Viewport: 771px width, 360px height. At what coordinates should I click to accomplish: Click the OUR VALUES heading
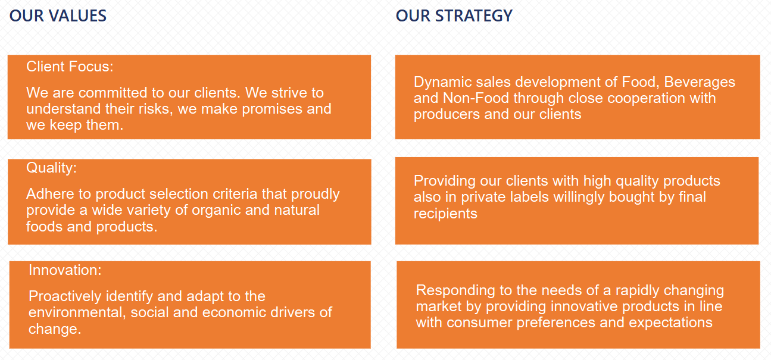pos(58,16)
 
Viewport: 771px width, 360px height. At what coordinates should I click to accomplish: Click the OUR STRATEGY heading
pos(454,16)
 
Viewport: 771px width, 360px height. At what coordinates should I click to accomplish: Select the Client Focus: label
pos(70,67)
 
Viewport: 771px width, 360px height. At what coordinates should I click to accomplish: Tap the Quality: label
pos(52,168)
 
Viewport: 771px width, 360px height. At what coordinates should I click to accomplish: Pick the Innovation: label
pos(65,270)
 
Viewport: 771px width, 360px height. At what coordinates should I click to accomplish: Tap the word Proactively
pos(65,296)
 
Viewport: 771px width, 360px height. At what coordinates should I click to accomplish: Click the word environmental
pos(77,312)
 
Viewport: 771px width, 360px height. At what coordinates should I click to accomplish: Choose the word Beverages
pos(700,83)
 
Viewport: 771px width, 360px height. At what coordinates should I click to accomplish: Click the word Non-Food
pos(476,98)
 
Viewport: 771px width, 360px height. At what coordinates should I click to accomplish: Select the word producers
pos(447,115)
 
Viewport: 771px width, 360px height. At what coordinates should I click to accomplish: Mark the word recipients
pos(445,214)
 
